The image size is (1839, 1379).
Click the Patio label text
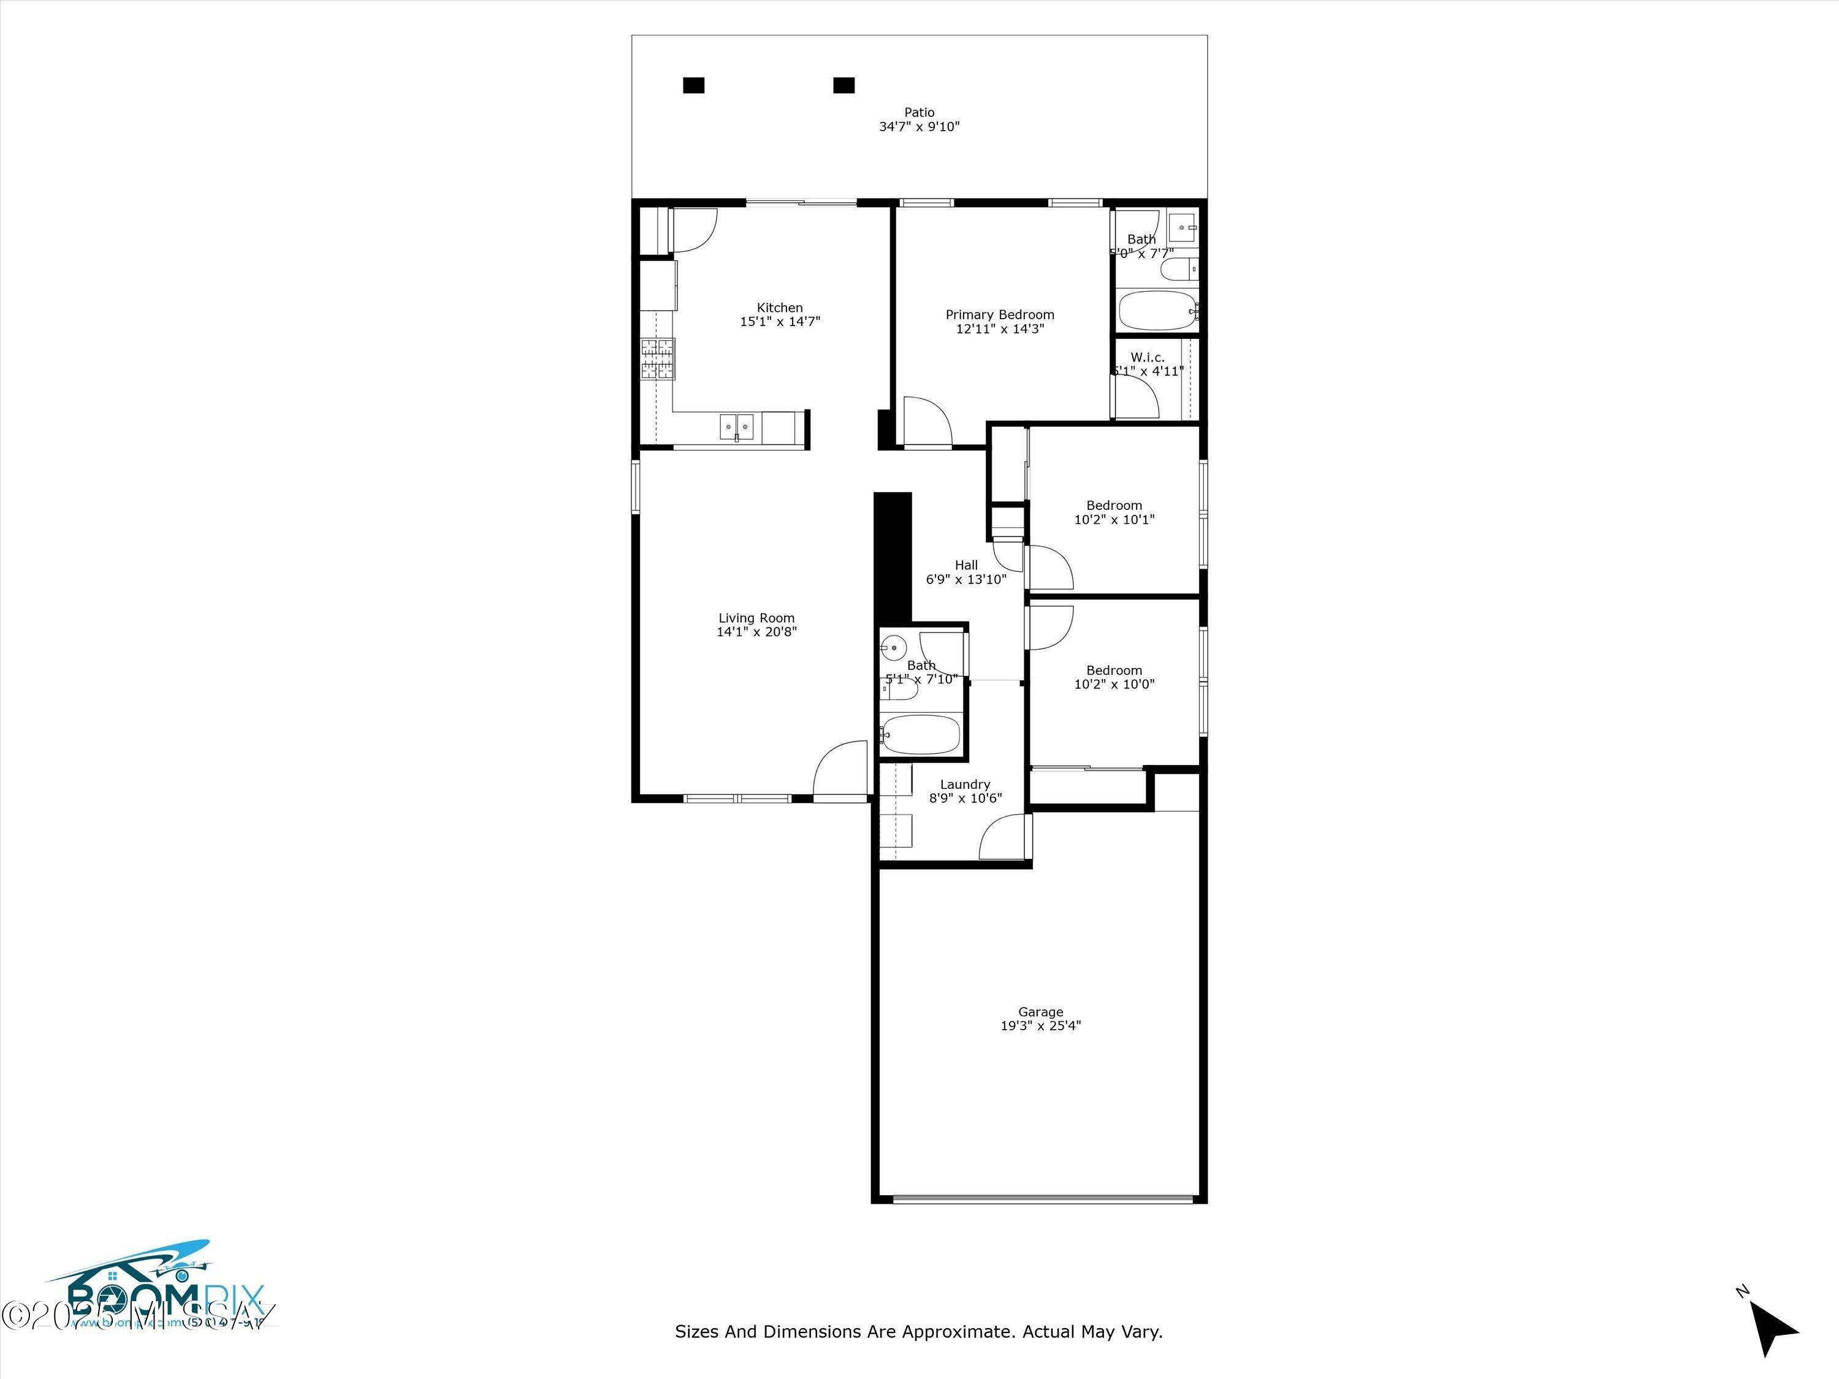click(x=919, y=112)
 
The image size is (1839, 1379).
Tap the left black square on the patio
click(x=693, y=85)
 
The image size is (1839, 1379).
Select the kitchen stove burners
click(x=657, y=359)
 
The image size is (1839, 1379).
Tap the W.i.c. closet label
click(x=1148, y=357)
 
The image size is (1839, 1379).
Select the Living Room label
click(x=756, y=618)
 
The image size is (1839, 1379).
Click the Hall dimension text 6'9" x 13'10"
click(x=966, y=579)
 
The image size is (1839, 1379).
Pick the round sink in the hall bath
click(x=894, y=645)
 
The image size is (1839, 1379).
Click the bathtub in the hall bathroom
click(x=921, y=735)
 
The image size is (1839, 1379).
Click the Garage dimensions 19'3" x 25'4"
click(x=1040, y=1026)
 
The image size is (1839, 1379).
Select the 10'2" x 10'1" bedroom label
click(x=1114, y=512)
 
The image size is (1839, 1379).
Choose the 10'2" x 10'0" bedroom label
click(x=1114, y=677)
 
